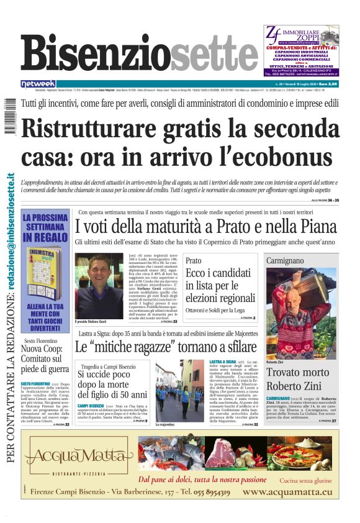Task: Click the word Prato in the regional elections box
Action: pyautogui.click(x=194, y=261)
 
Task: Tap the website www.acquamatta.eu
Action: pyautogui.click(x=287, y=492)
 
